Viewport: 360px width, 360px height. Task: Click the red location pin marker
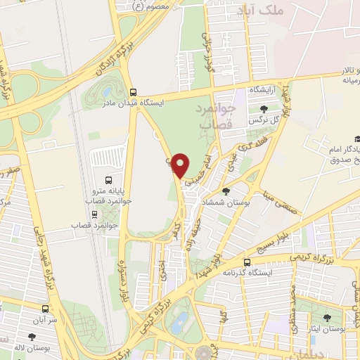coord(181,166)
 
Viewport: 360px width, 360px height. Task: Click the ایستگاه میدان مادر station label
coord(162,103)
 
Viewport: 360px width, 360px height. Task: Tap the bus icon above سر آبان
coord(46,308)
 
